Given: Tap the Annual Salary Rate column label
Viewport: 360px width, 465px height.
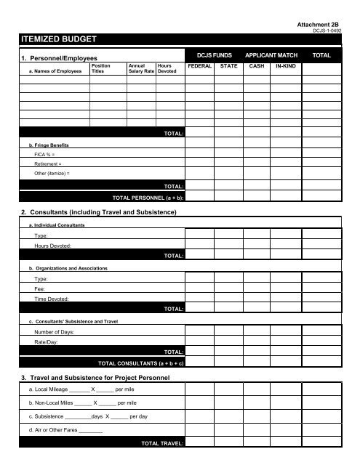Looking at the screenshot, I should [140, 69].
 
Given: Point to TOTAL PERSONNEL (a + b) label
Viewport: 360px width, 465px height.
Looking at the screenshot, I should [148, 197].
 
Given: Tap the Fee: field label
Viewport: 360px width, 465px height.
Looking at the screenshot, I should [40, 288].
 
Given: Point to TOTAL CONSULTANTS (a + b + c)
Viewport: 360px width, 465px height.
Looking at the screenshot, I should [140, 361].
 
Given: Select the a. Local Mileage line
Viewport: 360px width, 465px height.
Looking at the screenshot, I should [69, 389].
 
